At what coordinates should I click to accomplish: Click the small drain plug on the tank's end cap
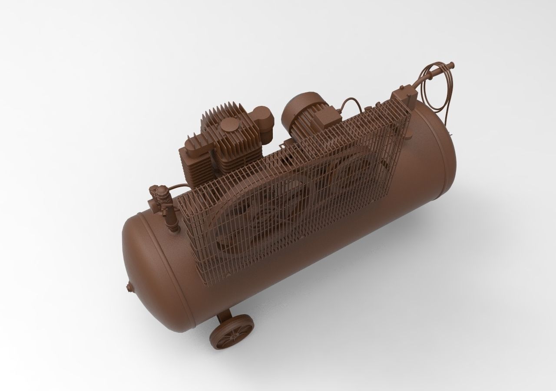point(128,286)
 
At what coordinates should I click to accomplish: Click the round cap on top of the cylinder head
point(229,127)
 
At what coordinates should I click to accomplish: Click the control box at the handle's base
point(403,93)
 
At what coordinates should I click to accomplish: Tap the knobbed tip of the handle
point(452,66)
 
